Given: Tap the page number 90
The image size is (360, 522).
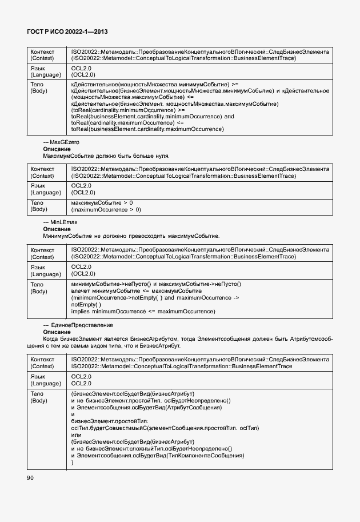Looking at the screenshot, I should [x=31, y=478].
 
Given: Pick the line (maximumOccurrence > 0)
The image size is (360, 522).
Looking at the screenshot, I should [x=106, y=210].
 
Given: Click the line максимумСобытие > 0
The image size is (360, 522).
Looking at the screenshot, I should [x=102, y=203].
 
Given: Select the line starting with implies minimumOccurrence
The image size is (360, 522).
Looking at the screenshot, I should [x=143, y=311].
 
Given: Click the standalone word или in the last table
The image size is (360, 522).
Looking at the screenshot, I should [x=76, y=435].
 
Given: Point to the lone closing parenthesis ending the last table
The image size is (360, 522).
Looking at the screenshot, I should [x=73, y=462].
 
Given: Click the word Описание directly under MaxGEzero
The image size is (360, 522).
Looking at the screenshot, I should [x=57, y=149].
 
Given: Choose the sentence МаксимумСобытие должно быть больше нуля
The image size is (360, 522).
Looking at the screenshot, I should [x=106, y=156].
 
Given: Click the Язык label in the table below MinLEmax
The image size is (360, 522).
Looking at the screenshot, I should [x=38, y=266].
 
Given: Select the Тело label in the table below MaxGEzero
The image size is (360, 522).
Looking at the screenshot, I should [x=37, y=203].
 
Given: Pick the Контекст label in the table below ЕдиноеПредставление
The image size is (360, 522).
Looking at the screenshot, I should [x=42, y=359].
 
